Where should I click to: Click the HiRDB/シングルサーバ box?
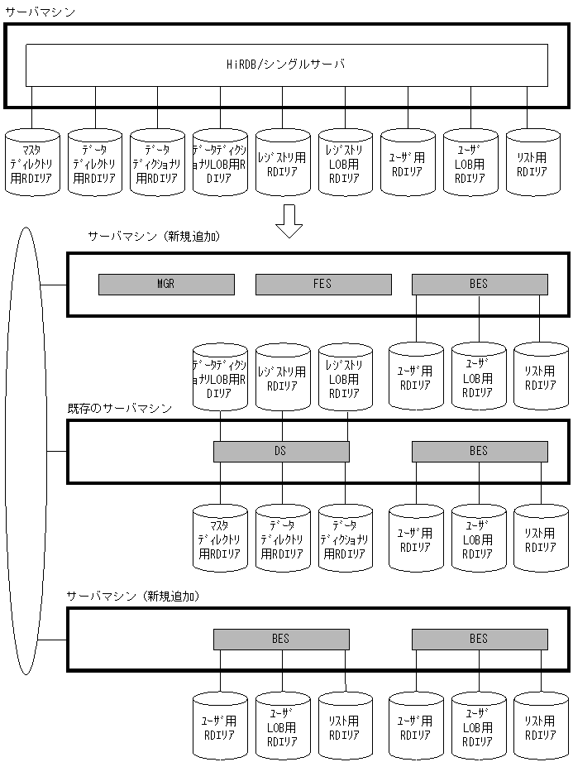[x=286, y=65]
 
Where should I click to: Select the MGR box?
[x=165, y=284]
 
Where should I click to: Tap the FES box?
[x=322, y=284]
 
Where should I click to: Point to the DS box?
[x=281, y=451]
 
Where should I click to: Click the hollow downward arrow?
[x=289, y=220]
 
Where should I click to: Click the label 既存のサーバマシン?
[x=120, y=409]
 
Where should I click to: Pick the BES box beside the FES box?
[x=480, y=284]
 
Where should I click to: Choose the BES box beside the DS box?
[x=480, y=451]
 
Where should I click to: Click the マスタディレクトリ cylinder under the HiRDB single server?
[x=32, y=162]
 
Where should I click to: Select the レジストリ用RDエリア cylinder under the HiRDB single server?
[x=283, y=162]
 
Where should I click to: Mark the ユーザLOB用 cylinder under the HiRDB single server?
[x=470, y=162]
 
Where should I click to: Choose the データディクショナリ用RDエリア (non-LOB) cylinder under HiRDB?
[x=157, y=162]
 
